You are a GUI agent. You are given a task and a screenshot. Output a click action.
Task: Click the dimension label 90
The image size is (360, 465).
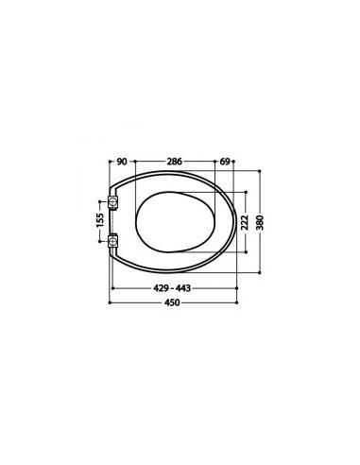[122, 162]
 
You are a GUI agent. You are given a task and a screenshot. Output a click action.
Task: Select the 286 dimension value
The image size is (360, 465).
[175, 162]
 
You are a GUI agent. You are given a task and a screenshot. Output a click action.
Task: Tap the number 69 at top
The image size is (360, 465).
[225, 162]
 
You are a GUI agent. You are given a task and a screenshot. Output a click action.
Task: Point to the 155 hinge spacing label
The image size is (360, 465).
[100, 220]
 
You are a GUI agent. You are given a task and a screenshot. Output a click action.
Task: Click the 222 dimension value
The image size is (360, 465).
[245, 222]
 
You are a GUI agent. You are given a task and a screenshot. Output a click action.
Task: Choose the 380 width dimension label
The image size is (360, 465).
[260, 222]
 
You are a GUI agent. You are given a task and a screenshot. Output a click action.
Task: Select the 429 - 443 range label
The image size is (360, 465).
[172, 288]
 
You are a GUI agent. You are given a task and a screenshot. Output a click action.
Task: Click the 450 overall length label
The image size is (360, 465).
[172, 302]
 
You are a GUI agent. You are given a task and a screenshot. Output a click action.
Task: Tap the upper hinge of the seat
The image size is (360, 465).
[112, 201]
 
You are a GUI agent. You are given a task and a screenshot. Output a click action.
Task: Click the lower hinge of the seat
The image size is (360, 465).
[112, 242]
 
